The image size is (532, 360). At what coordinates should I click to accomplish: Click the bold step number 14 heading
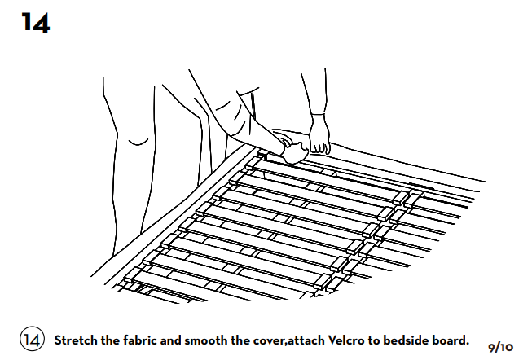click(x=36, y=23)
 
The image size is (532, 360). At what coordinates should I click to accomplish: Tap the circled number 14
click(x=33, y=339)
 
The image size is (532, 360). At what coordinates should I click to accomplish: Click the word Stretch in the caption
click(x=76, y=340)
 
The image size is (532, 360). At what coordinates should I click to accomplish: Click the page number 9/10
click(x=501, y=348)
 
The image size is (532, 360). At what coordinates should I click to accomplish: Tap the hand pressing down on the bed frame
click(x=292, y=147)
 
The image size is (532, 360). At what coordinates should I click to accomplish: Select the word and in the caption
click(x=170, y=340)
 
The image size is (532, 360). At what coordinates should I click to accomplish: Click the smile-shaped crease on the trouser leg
click(x=138, y=143)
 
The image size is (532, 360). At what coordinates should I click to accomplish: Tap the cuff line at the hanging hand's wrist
click(x=319, y=114)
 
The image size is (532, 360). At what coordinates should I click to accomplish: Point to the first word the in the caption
click(x=110, y=340)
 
